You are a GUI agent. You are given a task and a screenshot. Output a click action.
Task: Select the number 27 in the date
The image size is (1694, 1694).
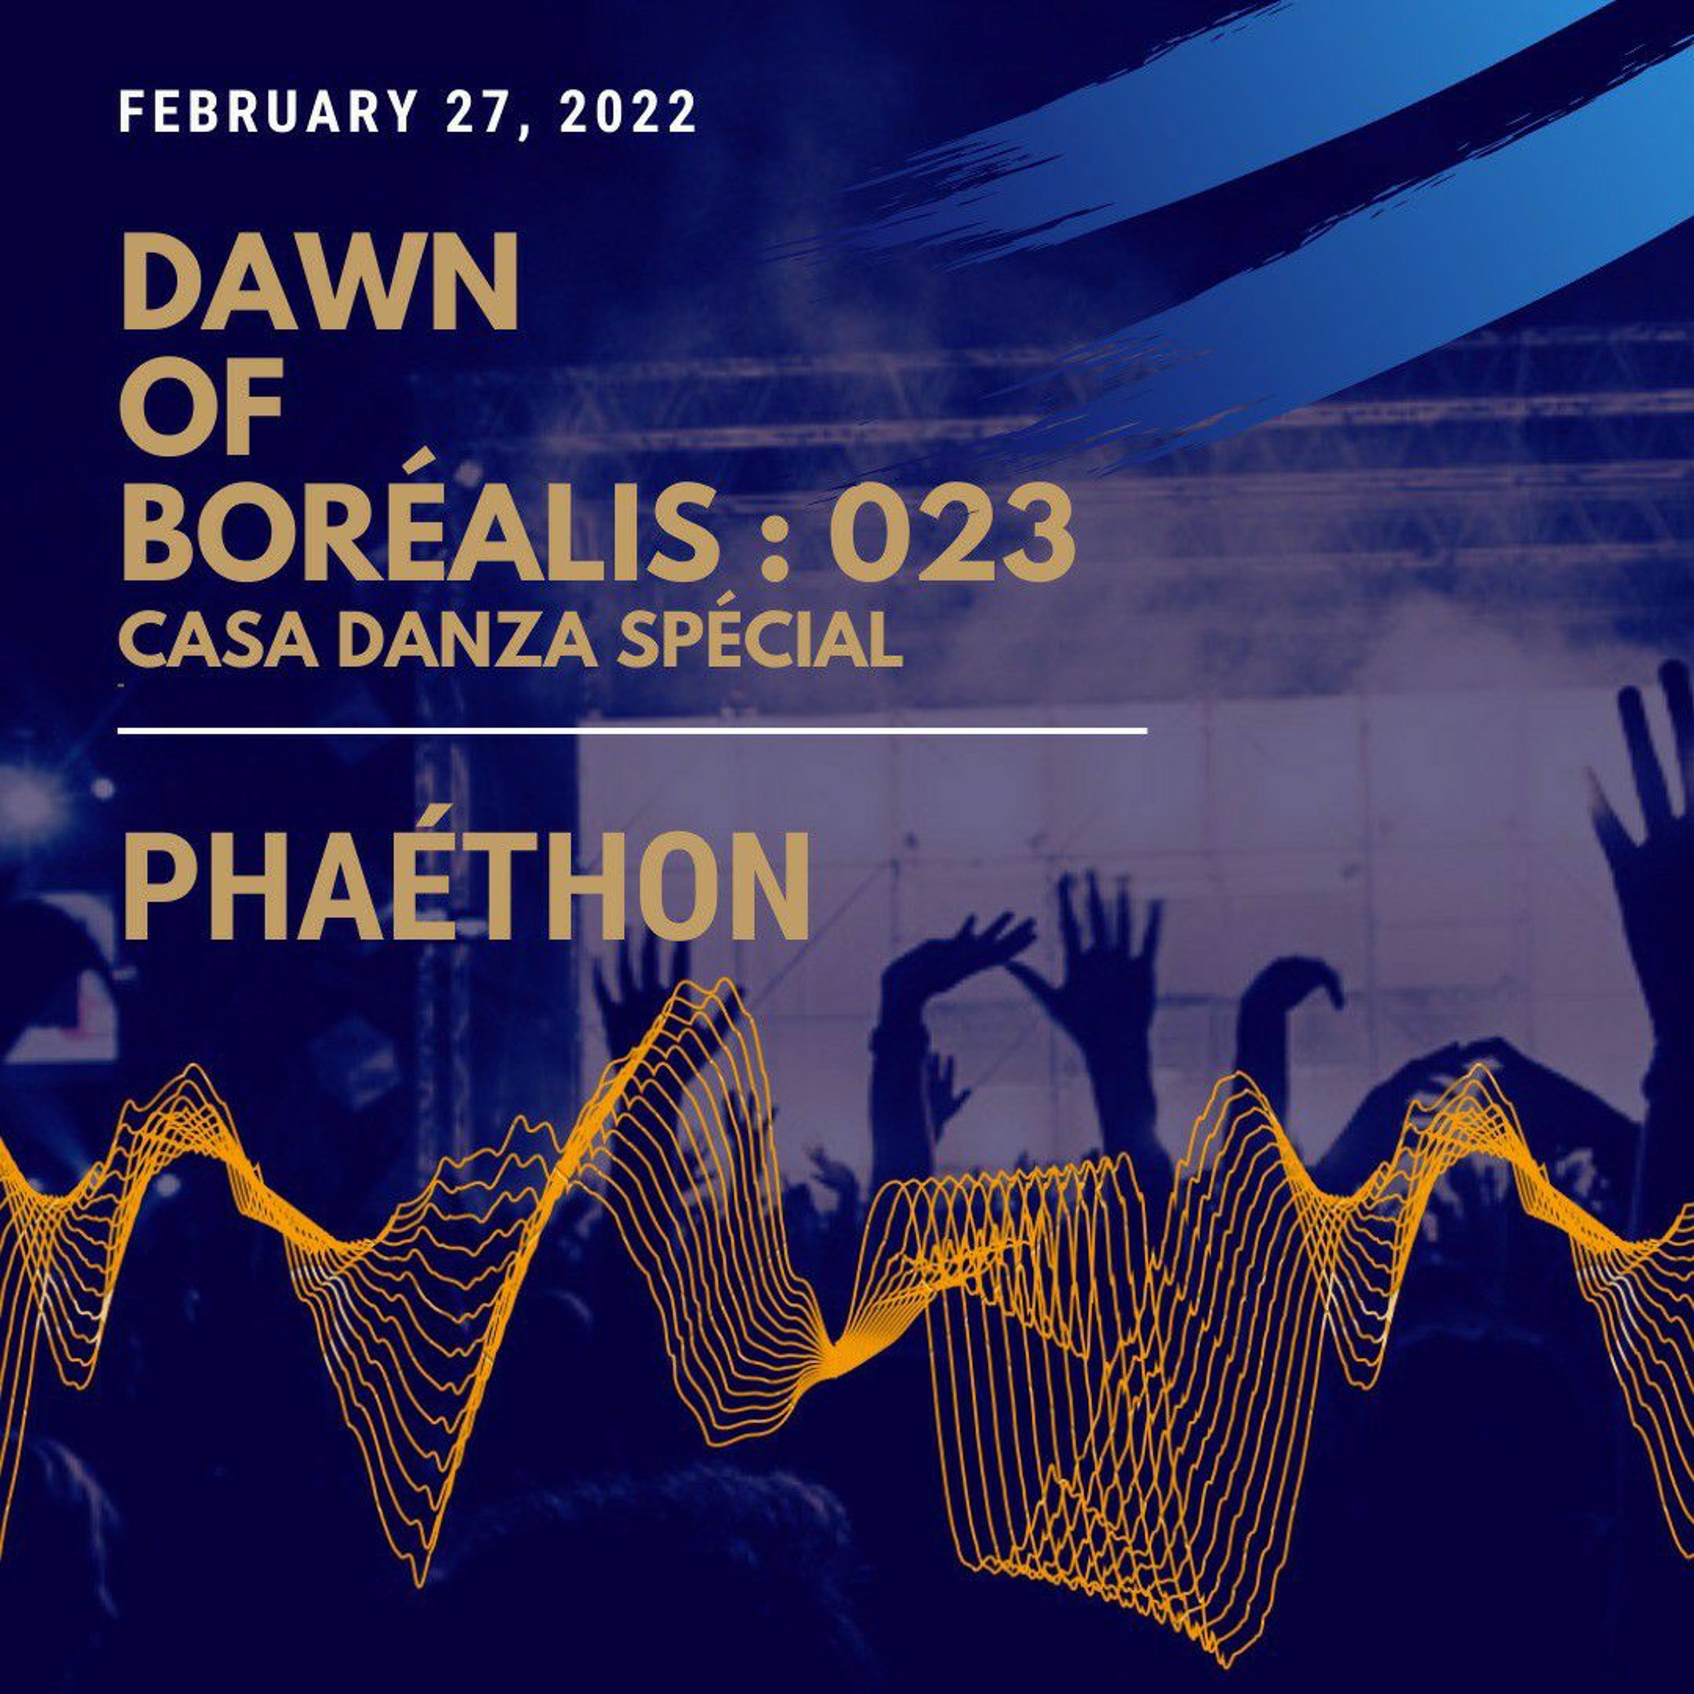tap(475, 112)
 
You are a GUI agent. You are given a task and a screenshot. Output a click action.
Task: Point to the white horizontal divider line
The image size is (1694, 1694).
tap(632, 730)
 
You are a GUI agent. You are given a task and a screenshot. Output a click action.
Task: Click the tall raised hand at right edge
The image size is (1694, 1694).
tap(1648, 789)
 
